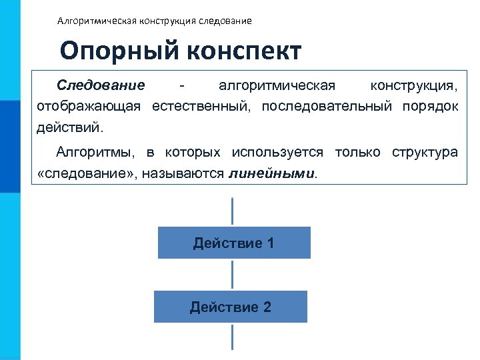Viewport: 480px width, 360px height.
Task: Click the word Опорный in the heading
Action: click(x=114, y=52)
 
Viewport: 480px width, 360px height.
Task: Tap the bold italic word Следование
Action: click(x=101, y=86)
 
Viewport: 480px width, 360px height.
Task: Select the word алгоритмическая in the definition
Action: click(x=277, y=86)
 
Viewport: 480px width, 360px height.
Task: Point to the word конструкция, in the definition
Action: click(x=414, y=86)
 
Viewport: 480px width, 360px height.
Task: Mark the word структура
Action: click(x=425, y=153)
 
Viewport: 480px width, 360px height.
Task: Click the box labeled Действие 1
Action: click(x=234, y=243)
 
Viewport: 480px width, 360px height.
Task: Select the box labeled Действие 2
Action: click(x=231, y=307)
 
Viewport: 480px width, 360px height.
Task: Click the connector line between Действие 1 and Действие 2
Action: click(x=232, y=274)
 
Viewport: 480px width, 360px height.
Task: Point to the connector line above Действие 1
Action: click(x=232, y=212)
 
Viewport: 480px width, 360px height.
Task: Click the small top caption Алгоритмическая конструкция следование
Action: click(x=155, y=21)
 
